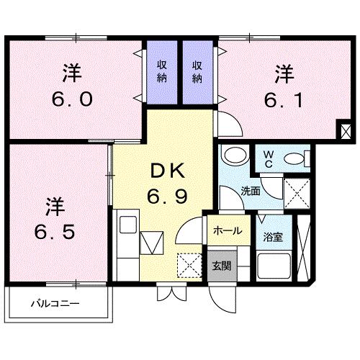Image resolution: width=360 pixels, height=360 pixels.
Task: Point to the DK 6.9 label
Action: [168, 184]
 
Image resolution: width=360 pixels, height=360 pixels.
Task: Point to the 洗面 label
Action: [250, 192]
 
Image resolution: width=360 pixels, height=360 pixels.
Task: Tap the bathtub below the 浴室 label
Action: [274, 268]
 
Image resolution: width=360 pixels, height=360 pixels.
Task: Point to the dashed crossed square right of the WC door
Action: [295, 192]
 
